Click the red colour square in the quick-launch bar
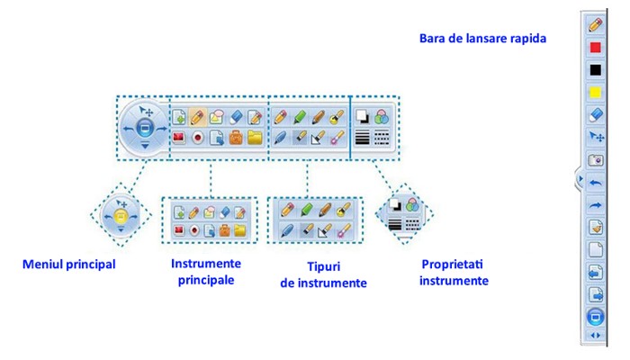tap(595, 47)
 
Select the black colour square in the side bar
tap(595, 69)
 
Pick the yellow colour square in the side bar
tap(595, 92)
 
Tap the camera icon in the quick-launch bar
tap(595, 159)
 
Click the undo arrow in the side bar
tap(595, 182)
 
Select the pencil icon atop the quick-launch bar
tap(595, 24)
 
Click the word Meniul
tap(41, 265)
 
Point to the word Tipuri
tap(318, 267)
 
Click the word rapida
tap(527, 39)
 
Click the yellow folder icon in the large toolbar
tap(255, 139)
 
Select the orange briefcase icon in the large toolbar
tap(235, 139)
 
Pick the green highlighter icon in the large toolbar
tap(299, 117)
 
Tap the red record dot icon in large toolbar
tap(198, 139)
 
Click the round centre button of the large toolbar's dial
tap(142, 129)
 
